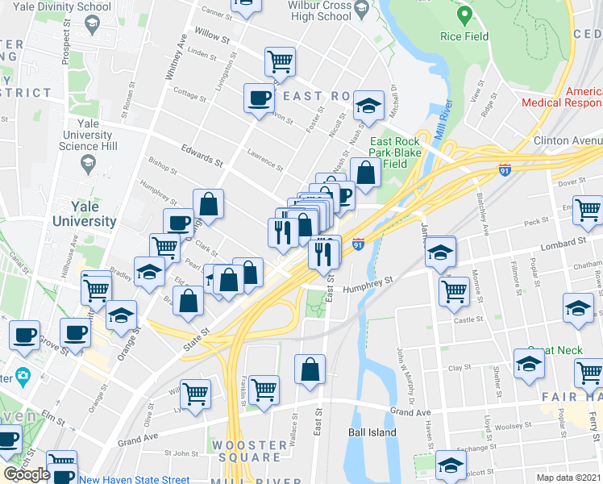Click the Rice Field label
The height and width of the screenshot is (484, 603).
[464, 36]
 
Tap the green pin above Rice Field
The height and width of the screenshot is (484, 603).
[464, 15]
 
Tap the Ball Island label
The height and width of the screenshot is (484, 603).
[372, 432]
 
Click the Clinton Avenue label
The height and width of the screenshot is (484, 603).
[567, 140]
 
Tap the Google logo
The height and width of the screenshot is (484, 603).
[26, 474]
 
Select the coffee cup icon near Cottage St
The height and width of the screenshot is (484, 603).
[258, 98]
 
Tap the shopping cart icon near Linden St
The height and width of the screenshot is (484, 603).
[279, 60]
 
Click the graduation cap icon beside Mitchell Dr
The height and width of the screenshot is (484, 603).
[368, 106]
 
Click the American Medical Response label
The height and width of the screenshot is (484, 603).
[562, 97]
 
